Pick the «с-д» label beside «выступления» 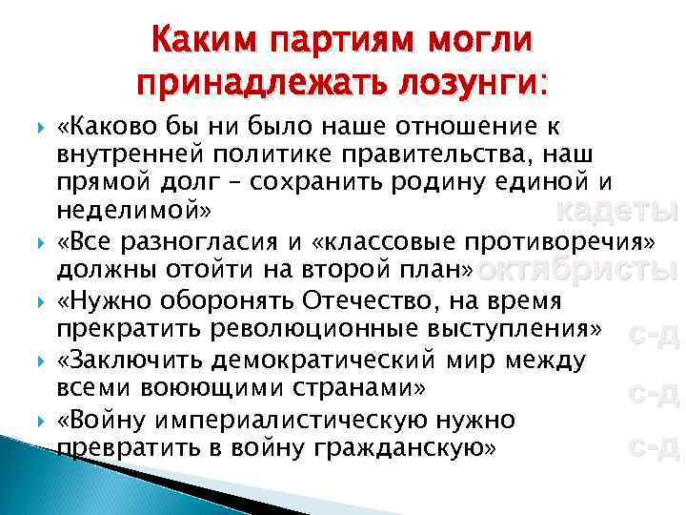click(x=653, y=334)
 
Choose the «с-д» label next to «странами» click(x=653, y=391)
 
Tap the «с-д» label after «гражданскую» click(x=653, y=446)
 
